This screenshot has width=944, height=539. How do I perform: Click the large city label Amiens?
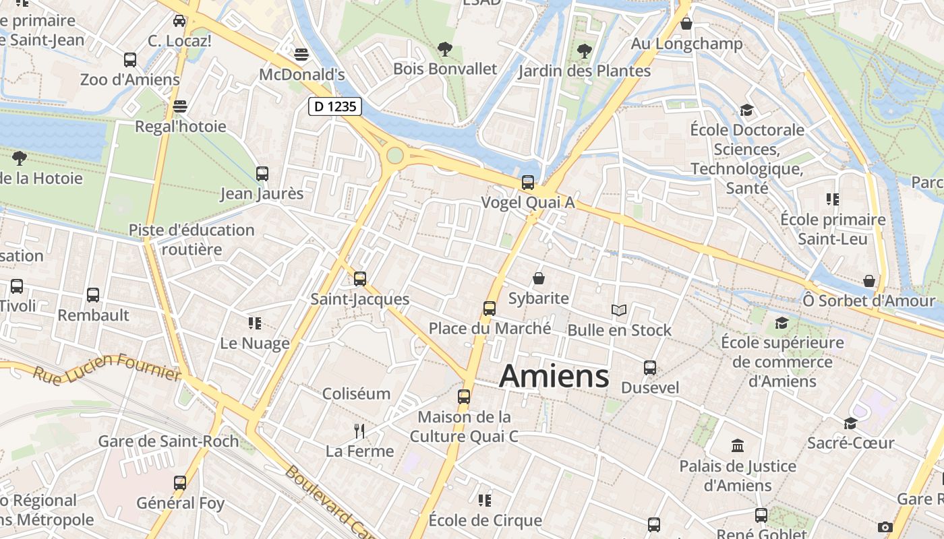point(554,376)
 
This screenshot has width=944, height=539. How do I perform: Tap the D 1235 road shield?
point(335,106)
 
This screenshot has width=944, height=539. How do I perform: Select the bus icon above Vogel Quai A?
point(528,182)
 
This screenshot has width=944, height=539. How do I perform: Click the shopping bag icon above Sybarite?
point(539,278)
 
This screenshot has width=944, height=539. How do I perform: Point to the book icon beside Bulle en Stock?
point(618,310)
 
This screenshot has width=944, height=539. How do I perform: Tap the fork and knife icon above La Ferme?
point(359,431)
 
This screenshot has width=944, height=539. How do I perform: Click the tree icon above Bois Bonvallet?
point(444,49)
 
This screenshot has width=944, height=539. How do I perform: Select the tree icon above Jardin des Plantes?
point(585,51)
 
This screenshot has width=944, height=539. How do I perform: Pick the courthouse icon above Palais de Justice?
point(738,445)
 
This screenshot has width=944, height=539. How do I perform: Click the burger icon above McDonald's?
point(302,54)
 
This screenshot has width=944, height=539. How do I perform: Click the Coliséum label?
point(356,393)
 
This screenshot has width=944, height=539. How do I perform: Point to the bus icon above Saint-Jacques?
point(360,278)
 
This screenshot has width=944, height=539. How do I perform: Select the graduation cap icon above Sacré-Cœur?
point(850,423)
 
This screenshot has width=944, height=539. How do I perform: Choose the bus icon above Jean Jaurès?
point(262,173)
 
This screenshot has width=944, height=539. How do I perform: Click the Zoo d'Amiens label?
point(129,80)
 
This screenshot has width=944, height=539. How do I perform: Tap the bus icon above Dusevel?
point(650,368)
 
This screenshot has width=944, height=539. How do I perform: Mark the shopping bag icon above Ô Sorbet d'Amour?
point(869,280)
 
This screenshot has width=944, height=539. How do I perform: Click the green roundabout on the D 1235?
point(395,156)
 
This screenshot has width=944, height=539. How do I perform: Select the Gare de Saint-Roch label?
point(168,441)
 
